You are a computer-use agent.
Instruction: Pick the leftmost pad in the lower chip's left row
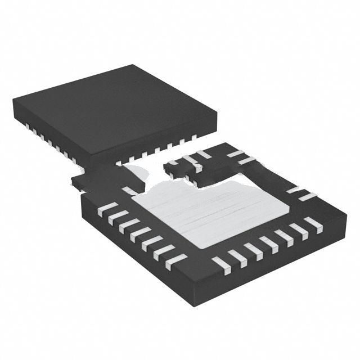[x=107, y=209]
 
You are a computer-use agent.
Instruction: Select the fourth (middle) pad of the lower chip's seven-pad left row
[x=141, y=235]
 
